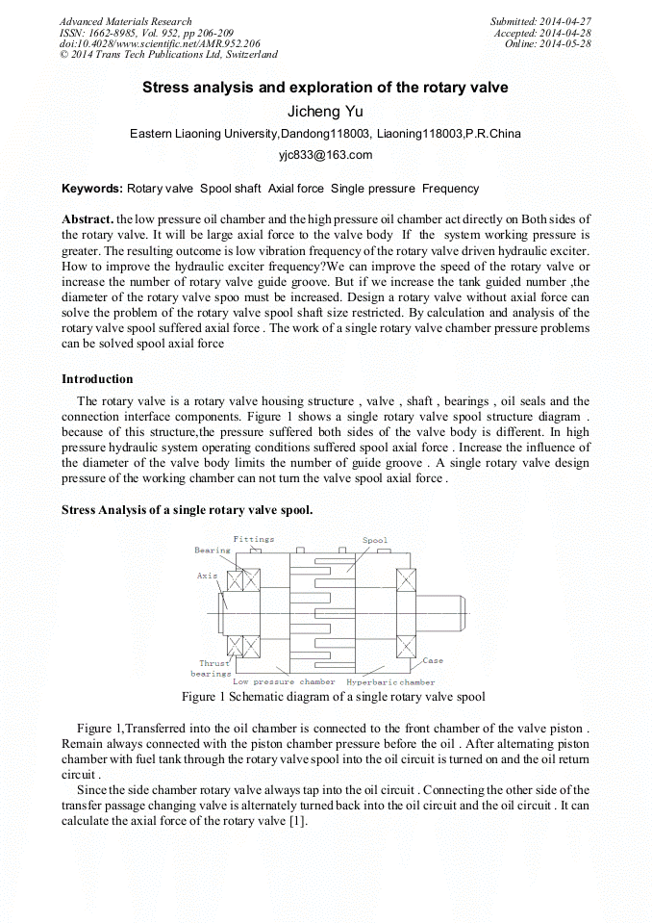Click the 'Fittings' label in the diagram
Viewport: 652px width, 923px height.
click(x=253, y=539)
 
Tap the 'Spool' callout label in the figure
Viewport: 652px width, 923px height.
click(x=375, y=540)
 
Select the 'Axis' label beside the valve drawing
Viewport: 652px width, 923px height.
click(x=208, y=575)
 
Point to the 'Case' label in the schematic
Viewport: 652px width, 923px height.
click(x=433, y=660)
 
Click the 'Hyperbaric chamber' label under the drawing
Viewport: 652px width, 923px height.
click(x=390, y=682)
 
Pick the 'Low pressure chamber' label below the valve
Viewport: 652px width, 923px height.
click(x=284, y=682)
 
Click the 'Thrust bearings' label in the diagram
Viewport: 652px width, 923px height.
click(x=213, y=668)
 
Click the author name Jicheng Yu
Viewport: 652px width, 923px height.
click(x=325, y=111)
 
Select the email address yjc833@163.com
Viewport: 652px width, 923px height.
click(x=325, y=154)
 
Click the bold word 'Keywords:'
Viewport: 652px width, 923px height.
click(x=92, y=189)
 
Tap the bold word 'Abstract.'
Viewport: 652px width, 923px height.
click(x=88, y=220)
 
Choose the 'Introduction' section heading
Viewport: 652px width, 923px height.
click(x=97, y=379)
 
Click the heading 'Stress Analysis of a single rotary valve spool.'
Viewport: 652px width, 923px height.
click(x=187, y=510)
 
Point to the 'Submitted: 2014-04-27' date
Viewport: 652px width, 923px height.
click(x=540, y=21)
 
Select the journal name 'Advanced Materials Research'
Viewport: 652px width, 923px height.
click(x=125, y=21)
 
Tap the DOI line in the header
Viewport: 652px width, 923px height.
click(x=160, y=44)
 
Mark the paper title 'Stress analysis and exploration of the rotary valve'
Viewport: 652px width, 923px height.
click(x=325, y=88)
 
